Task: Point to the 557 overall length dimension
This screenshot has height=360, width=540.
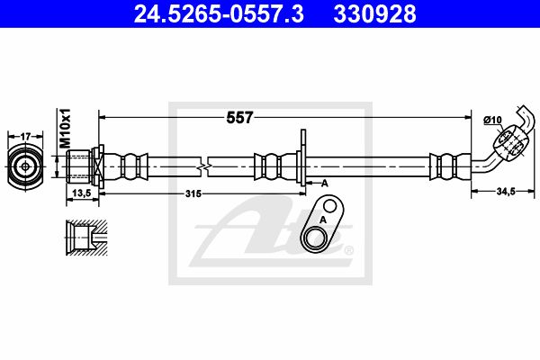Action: [x=238, y=117]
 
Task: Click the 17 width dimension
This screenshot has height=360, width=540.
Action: [x=26, y=137]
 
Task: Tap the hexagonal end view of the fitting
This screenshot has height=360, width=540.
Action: [x=26, y=166]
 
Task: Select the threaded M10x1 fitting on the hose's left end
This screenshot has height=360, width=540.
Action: [x=83, y=166]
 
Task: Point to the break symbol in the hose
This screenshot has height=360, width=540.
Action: [x=208, y=166]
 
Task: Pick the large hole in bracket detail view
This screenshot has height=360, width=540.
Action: [x=315, y=238]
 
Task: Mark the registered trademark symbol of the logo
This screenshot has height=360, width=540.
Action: [x=348, y=251]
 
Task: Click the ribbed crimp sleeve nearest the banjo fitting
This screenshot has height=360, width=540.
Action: [x=444, y=166]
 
